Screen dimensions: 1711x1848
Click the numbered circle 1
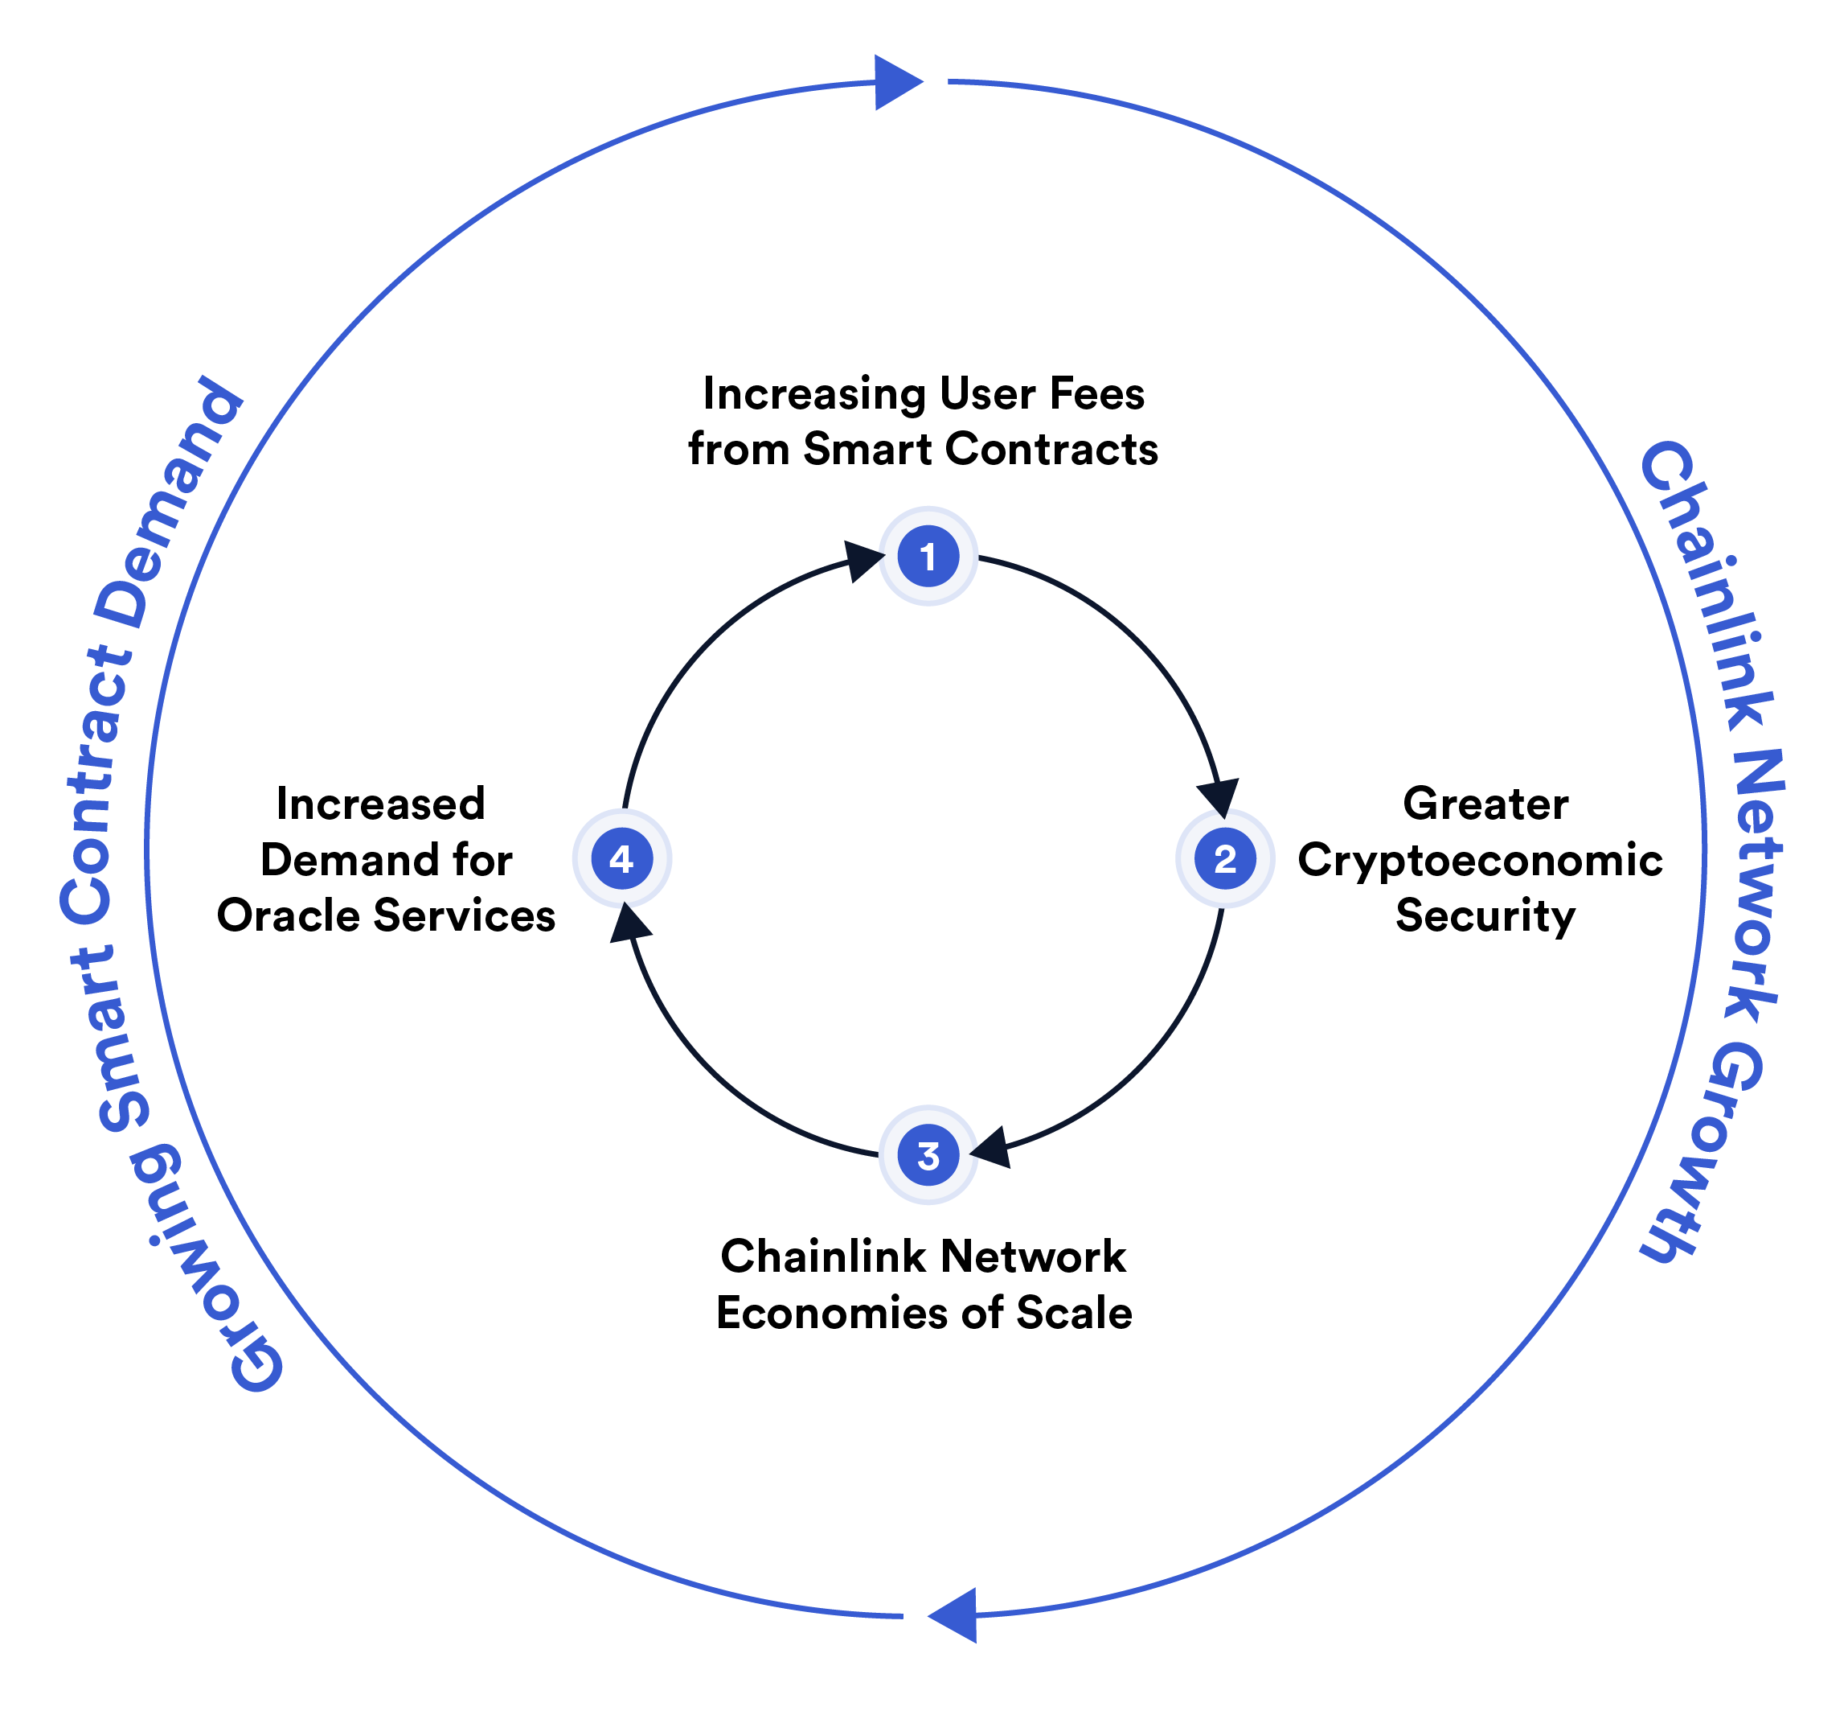(x=928, y=557)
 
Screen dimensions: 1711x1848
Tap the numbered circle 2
(x=1224, y=858)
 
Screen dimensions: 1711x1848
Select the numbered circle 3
(x=928, y=1154)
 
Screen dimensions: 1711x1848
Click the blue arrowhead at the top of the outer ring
(x=895, y=82)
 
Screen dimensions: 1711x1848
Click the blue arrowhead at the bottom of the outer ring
(x=955, y=1614)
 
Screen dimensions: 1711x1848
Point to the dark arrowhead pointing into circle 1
(x=863, y=560)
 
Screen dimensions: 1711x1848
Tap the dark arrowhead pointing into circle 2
(x=1219, y=796)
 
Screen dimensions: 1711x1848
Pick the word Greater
(x=1485, y=804)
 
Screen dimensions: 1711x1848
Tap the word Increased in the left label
(x=380, y=804)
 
